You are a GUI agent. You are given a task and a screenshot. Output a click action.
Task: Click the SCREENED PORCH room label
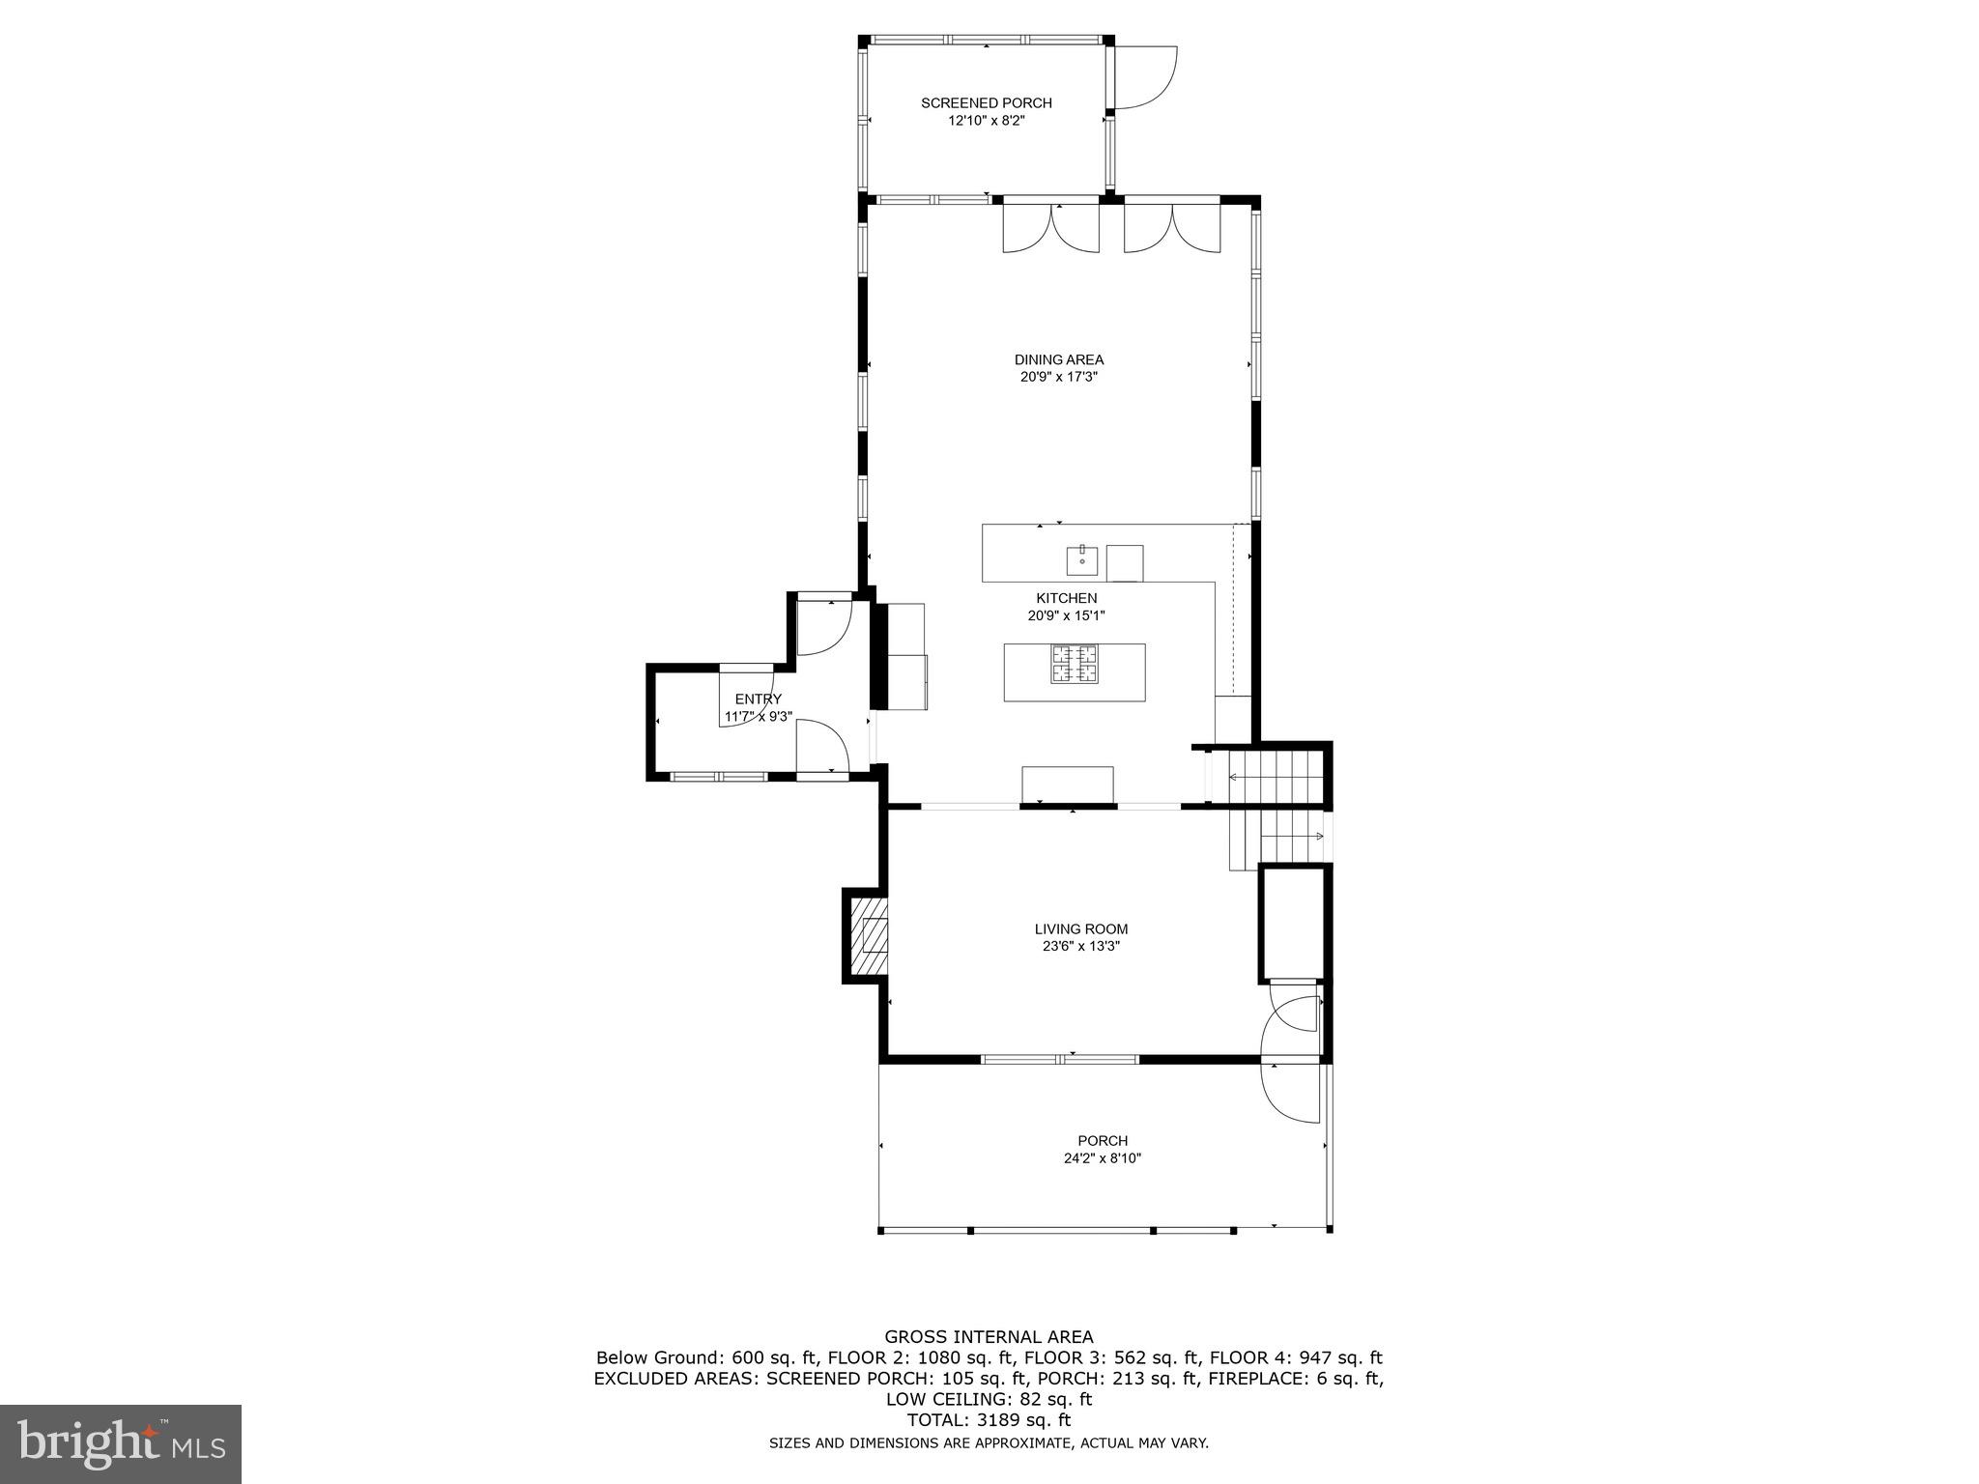(x=986, y=102)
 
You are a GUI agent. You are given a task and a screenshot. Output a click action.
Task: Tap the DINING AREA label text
(x=1058, y=359)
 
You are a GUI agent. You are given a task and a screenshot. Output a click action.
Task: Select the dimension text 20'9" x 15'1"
(x=1066, y=615)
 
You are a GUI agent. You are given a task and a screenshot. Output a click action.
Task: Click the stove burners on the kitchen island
(x=1076, y=664)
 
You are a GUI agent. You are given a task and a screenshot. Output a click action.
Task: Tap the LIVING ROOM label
(x=1080, y=929)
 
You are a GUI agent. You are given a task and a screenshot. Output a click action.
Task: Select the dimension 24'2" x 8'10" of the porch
(x=1102, y=1158)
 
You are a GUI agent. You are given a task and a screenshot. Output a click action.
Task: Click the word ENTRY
(x=758, y=699)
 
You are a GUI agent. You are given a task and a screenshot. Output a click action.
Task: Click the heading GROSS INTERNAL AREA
(x=989, y=1337)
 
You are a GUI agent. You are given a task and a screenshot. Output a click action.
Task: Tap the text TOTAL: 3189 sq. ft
(x=989, y=1420)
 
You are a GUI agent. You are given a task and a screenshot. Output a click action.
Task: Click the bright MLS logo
(x=121, y=1442)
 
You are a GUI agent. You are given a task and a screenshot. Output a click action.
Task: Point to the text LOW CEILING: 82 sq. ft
(x=989, y=1399)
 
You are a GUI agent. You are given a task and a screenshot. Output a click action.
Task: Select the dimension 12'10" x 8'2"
(x=986, y=121)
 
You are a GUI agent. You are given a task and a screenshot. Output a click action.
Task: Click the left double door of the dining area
(x=1051, y=230)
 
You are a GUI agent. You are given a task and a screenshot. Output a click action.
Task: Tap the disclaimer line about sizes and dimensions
(x=989, y=1443)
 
